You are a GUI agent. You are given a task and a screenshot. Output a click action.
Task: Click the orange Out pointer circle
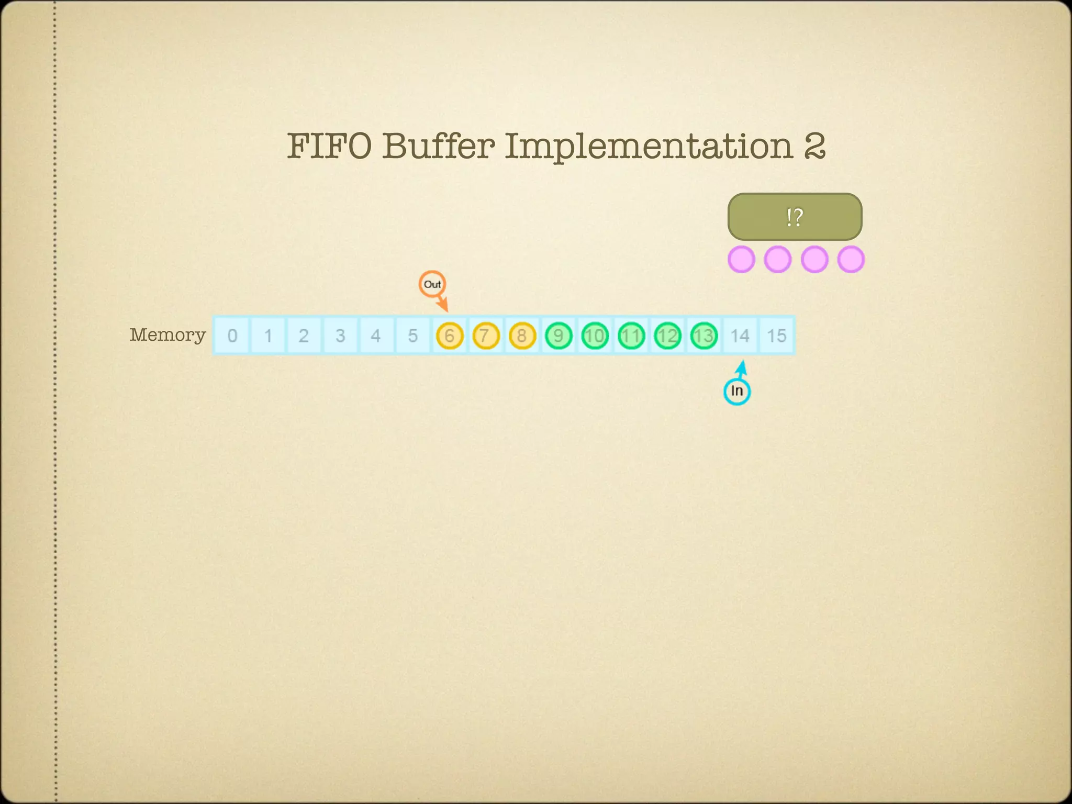point(432,284)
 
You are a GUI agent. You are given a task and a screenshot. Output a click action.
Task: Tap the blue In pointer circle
point(736,391)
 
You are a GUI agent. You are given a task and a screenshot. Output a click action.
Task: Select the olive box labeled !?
point(795,217)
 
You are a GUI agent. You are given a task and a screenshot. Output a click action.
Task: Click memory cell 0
point(232,336)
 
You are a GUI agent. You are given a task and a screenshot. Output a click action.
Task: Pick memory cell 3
point(340,336)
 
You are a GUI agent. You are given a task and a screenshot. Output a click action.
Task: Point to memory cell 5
point(413,336)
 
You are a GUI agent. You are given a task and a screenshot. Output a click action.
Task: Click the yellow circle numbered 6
point(450,336)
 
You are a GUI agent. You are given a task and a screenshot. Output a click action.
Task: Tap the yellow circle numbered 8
point(522,336)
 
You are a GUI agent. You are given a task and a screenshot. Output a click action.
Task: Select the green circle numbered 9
point(559,336)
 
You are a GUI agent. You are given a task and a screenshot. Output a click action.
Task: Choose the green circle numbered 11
point(631,336)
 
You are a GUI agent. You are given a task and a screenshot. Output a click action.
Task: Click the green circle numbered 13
point(704,336)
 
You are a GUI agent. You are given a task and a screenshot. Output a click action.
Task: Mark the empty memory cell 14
point(740,336)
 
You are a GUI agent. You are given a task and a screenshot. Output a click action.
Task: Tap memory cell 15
point(777,336)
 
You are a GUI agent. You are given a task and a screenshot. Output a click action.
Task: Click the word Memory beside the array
point(167,334)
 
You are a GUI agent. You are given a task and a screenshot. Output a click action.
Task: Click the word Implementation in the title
point(649,147)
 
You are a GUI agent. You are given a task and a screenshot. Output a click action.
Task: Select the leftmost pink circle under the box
point(741,259)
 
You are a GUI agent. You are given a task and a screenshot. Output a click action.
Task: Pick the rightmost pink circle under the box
point(851,259)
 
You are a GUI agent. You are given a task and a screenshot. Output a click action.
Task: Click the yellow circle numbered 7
point(486,336)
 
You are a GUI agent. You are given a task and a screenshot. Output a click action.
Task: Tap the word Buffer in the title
point(438,146)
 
